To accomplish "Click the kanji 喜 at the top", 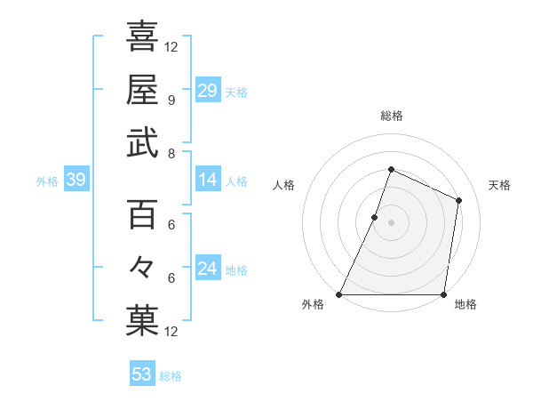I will tap(142, 36).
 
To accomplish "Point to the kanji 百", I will tap(142, 213).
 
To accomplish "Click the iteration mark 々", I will tap(142, 267).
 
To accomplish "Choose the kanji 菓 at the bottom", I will tap(142, 321).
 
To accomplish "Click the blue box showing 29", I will tap(207, 91).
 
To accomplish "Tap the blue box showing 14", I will tap(207, 181).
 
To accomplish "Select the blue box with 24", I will tap(207, 269).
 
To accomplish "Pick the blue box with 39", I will tap(76, 181).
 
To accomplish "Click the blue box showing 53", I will tap(142, 374).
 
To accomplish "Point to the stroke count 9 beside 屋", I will tap(171, 100).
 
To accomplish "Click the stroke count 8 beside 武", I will tap(171, 153).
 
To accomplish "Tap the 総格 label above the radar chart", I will tap(392, 116).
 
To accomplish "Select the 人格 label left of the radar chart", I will tap(284, 185).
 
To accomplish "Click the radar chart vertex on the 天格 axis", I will tap(459, 200).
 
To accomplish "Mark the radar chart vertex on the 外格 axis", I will tap(339, 294).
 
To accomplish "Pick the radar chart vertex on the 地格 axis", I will tap(444, 294).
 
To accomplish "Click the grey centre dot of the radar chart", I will tap(392, 222).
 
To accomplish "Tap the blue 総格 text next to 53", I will tap(171, 376).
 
